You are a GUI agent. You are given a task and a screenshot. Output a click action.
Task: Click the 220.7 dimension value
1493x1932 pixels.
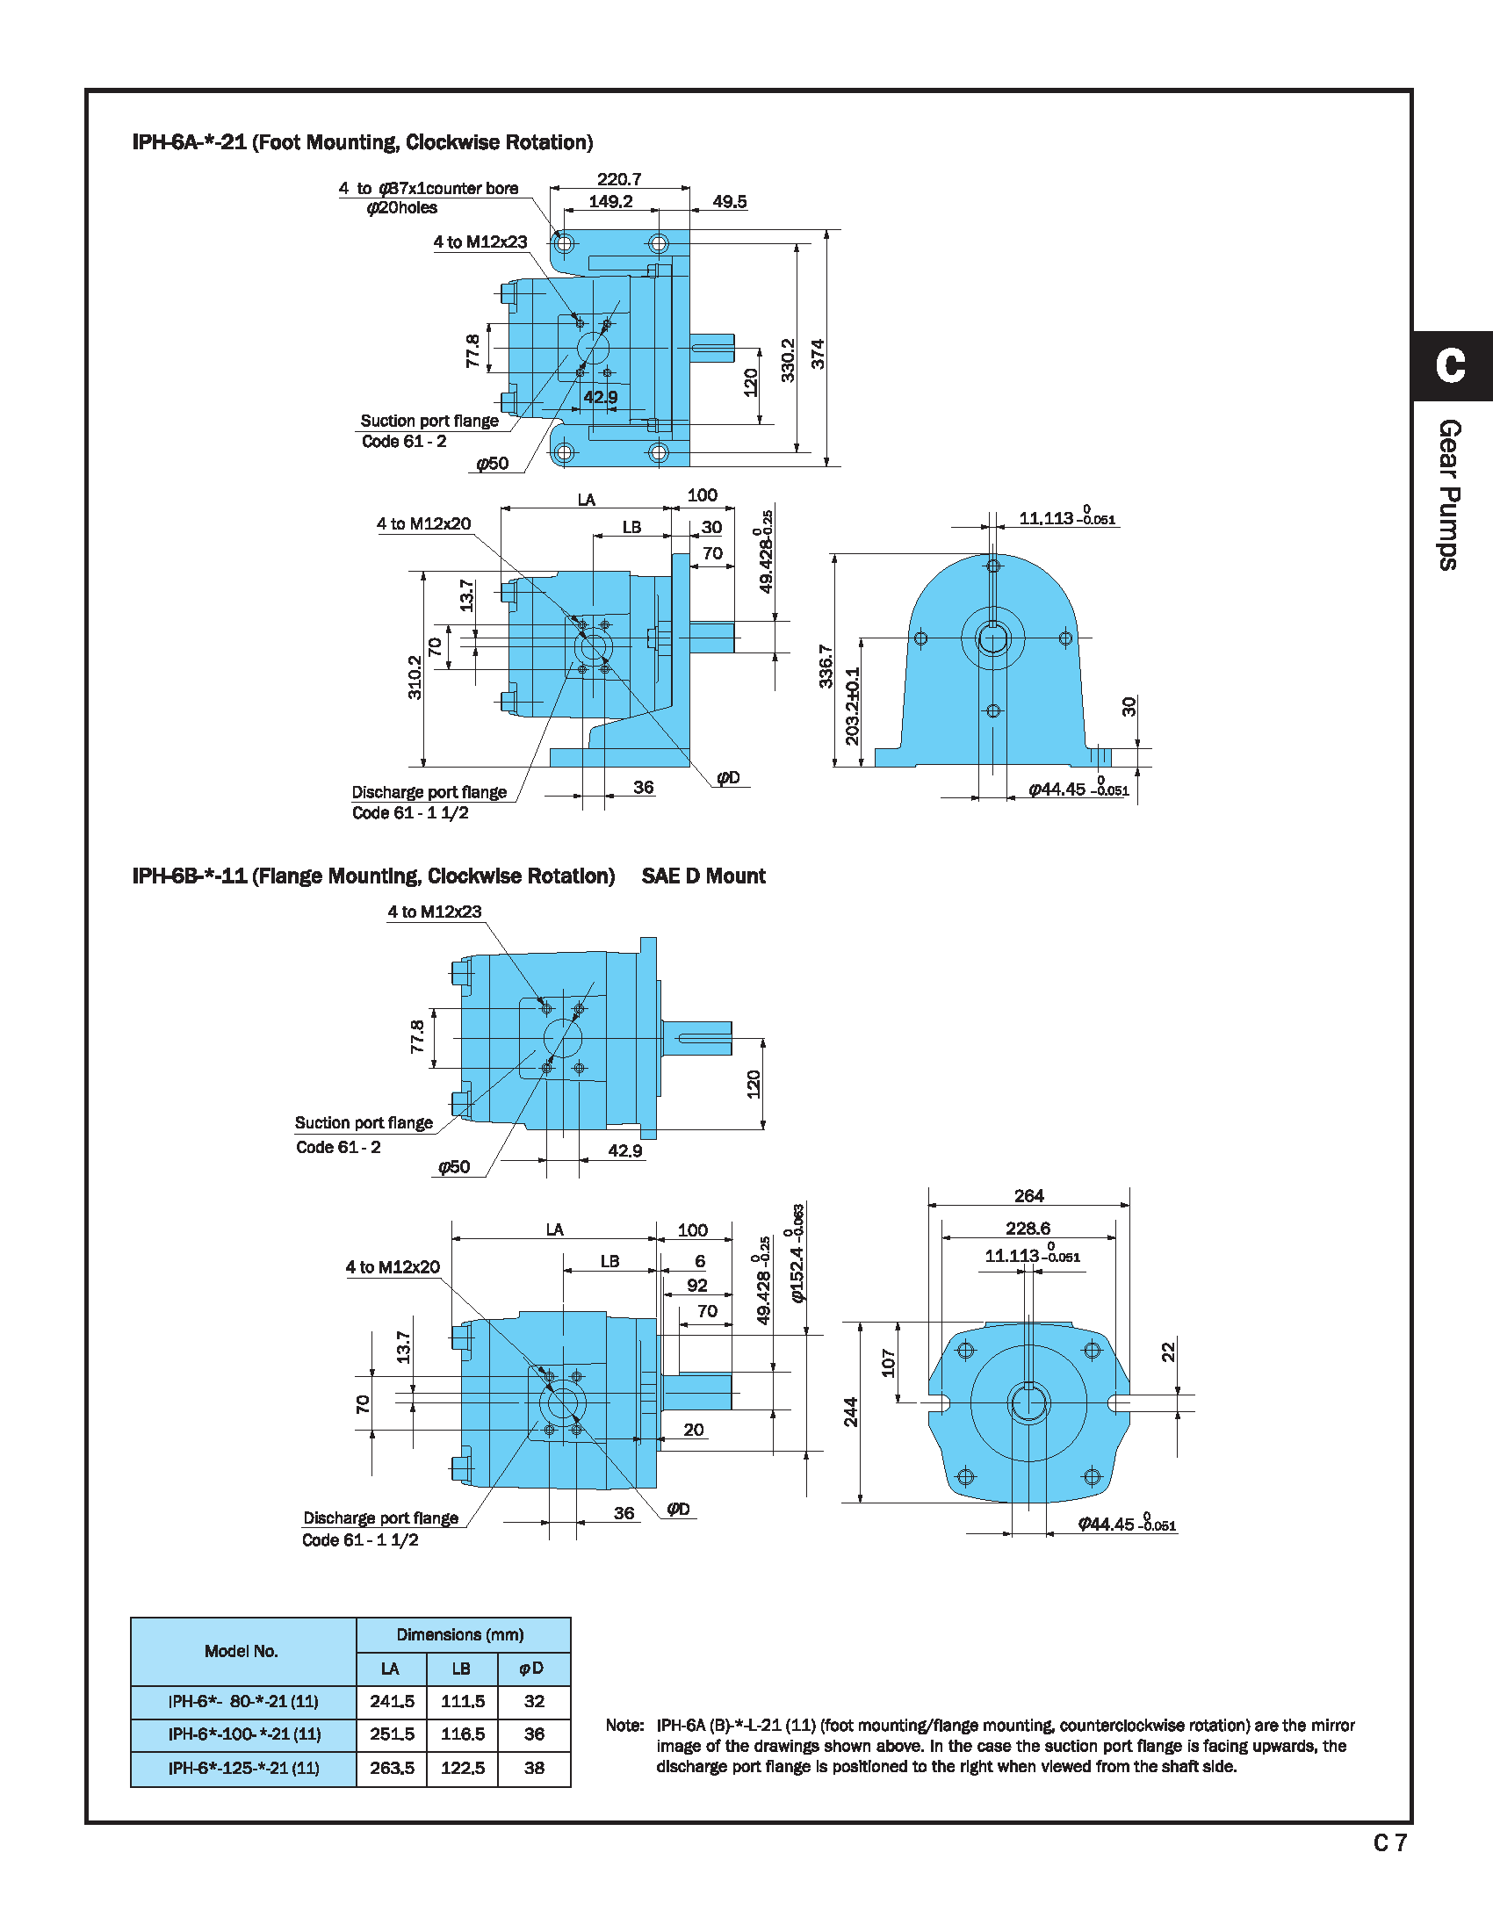(x=619, y=179)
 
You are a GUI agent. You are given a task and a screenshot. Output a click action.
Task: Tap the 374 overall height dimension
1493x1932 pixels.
(x=819, y=354)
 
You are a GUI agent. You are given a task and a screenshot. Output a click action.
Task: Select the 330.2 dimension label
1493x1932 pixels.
(x=788, y=360)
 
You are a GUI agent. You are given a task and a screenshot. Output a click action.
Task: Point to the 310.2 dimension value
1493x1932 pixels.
(x=415, y=677)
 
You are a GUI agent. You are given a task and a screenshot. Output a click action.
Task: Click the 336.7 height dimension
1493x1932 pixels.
(x=826, y=667)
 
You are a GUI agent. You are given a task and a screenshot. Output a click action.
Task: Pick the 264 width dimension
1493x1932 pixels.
(x=1028, y=1196)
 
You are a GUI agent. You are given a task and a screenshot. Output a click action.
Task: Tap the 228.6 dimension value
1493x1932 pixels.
(x=1028, y=1229)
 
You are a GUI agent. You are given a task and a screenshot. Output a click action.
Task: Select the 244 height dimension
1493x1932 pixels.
(x=851, y=1412)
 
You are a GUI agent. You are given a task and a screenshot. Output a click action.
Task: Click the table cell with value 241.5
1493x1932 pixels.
(x=392, y=1701)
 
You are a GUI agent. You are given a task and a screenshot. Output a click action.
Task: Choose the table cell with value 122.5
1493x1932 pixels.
(x=463, y=1769)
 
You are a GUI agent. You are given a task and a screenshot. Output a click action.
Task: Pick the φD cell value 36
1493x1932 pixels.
(x=534, y=1734)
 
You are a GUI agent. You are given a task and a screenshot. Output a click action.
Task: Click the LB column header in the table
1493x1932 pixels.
(x=462, y=1669)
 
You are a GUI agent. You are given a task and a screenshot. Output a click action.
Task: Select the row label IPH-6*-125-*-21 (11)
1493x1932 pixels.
(x=243, y=1769)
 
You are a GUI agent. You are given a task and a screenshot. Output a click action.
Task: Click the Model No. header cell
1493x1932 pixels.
(x=242, y=1652)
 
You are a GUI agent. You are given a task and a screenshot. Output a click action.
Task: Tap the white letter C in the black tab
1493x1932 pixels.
(x=1451, y=365)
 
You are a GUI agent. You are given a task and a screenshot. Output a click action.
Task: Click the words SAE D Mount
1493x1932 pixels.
(x=703, y=876)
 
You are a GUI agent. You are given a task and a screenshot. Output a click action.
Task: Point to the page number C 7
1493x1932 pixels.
(x=1389, y=1842)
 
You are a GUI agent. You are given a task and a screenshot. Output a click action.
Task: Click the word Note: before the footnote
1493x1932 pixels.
(x=624, y=1725)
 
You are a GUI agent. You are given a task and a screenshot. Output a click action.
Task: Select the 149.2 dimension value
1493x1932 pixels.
(x=610, y=202)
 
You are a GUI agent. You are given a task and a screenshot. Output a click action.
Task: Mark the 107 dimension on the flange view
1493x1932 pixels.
(x=889, y=1362)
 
